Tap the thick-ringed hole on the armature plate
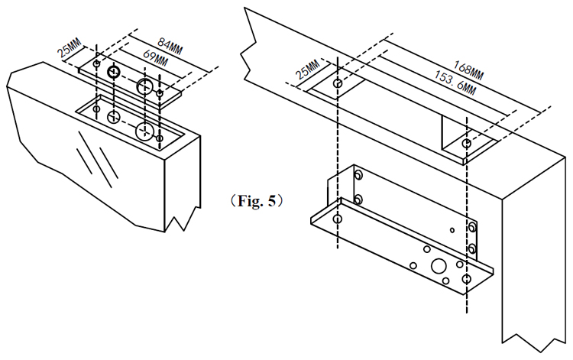[x=114, y=73]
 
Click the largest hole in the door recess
[x=144, y=132]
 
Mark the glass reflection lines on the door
[x=99, y=159]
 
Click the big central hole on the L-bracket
[x=439, y=267]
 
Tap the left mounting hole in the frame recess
[x=338, y=82]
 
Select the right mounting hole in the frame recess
[x=466, y=144]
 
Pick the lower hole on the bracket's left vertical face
[x=357, y=199]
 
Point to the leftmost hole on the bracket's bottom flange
[x=337, y=219]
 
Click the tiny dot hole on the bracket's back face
[x=452, y=229]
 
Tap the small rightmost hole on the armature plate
[x=160, y=93]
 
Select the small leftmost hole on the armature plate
[x=95, y=64]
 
